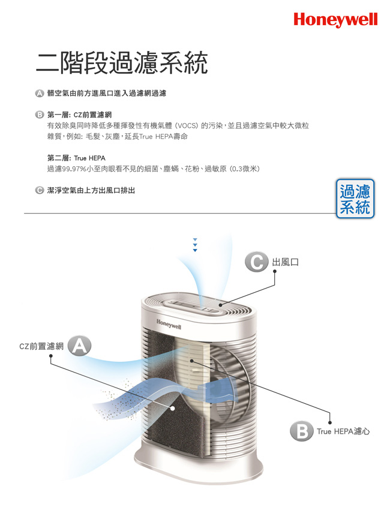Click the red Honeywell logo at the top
[335, 20]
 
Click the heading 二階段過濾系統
[122, 63]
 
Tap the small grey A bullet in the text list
[39, 94]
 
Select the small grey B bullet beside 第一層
[39, 115]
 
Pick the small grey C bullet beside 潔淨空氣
[39, 190]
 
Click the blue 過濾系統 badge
[355, 199]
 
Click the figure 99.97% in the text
[74, 169]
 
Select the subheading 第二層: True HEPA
[76, 158]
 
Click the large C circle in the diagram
[257, 262]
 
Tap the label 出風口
[285, 262]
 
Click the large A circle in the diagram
[79, 346]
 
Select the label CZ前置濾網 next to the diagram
[41, 346]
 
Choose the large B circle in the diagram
[302, 431]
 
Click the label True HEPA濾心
[343, 431]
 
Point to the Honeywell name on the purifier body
[169, 324]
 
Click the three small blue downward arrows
[195, 245]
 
